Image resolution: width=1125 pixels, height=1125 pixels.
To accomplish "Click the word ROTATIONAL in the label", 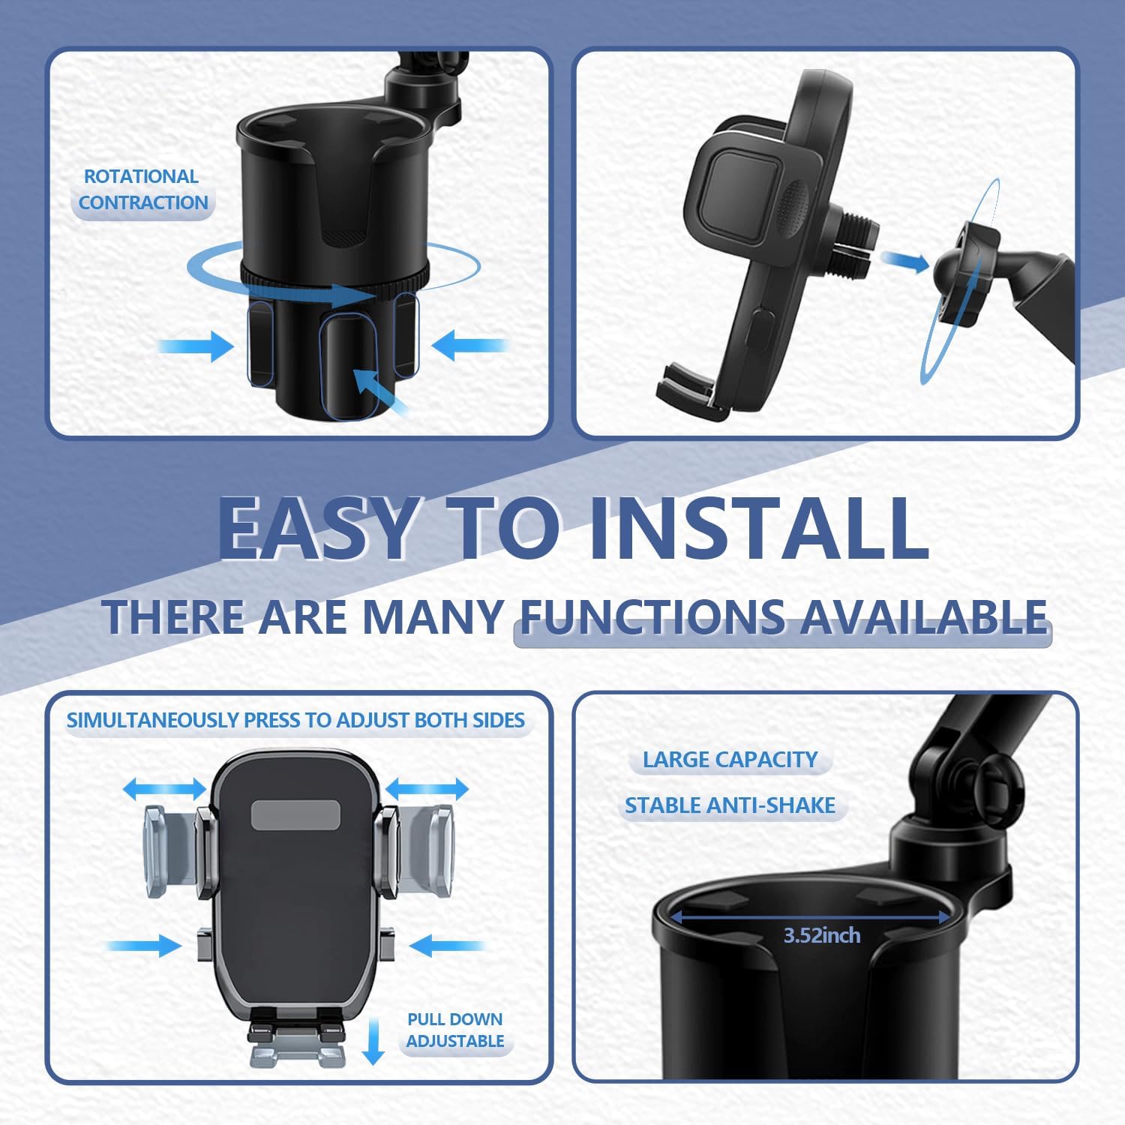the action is click(141, 176).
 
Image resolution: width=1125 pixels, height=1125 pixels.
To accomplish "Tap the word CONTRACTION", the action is click(143, 202).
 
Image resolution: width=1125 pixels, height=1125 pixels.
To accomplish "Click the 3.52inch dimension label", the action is click(822, 935).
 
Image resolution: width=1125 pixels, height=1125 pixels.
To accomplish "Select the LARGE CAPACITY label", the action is click(730, 759).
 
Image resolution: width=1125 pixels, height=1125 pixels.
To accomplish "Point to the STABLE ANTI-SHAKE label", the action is click(730, 805).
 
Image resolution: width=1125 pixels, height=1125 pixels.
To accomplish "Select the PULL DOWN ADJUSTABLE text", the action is click(455, 1030).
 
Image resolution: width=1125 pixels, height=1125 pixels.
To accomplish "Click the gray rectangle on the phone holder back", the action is click(295, 814).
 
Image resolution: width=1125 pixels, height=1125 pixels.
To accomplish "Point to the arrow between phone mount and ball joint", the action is click(905, 261).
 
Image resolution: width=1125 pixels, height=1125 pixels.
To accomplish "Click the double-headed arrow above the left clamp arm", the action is click(164, 789).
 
